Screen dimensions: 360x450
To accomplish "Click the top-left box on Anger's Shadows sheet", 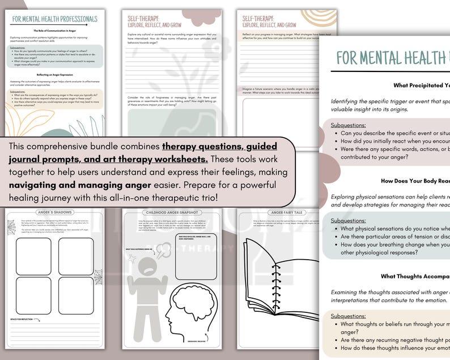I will (33, 255).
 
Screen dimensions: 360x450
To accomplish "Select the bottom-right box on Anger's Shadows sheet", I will (75, 295).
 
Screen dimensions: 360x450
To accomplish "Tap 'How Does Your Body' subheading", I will (415, 181).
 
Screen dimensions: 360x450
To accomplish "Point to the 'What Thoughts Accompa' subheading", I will (415, 277).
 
